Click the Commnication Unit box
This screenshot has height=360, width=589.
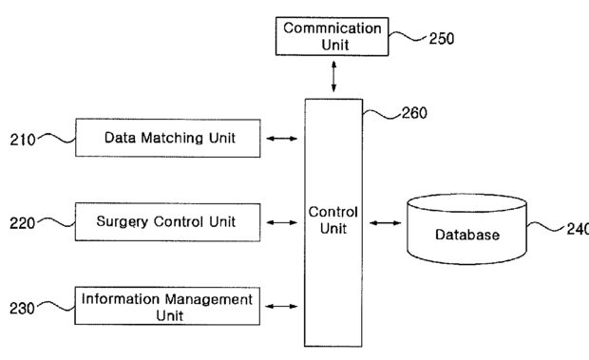(332, 36)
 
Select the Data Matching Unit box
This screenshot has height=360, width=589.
(168, 138)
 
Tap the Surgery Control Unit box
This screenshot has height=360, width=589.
(167, 222)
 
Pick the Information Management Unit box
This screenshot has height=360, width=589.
(167, 306)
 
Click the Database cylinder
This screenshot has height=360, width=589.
(466, 229)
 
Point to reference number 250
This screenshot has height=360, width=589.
(442, 38)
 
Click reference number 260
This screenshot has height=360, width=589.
(414, 113)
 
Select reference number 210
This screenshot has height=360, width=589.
(23, 140)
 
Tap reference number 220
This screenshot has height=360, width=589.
(22, 223)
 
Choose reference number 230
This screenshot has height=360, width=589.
(22, 309)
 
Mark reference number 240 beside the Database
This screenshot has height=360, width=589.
(578, 229)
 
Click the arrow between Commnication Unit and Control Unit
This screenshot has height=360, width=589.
(333, 77)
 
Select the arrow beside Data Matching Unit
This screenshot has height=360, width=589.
(282, 139)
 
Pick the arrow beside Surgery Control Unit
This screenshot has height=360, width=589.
(282, 222)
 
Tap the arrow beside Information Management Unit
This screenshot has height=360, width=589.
(281, 306)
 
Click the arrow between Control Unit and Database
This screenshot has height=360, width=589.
(385, 223)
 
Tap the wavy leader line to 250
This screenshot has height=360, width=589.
(408, 36)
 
